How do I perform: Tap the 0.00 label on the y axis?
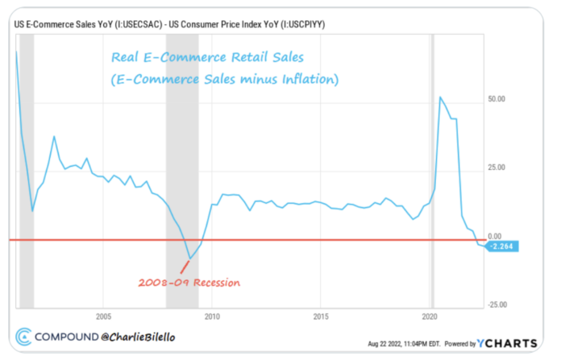pyautogui.click(x=496, y=236)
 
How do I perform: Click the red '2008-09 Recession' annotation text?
pyautogui.click(x=189, y=283)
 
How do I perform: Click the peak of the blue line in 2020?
pyautogui.click(x=439, y=97)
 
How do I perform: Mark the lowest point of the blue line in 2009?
pyautogui.click(x=190, y=259)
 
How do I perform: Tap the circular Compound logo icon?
pyautogui.click(x=24, y=336)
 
